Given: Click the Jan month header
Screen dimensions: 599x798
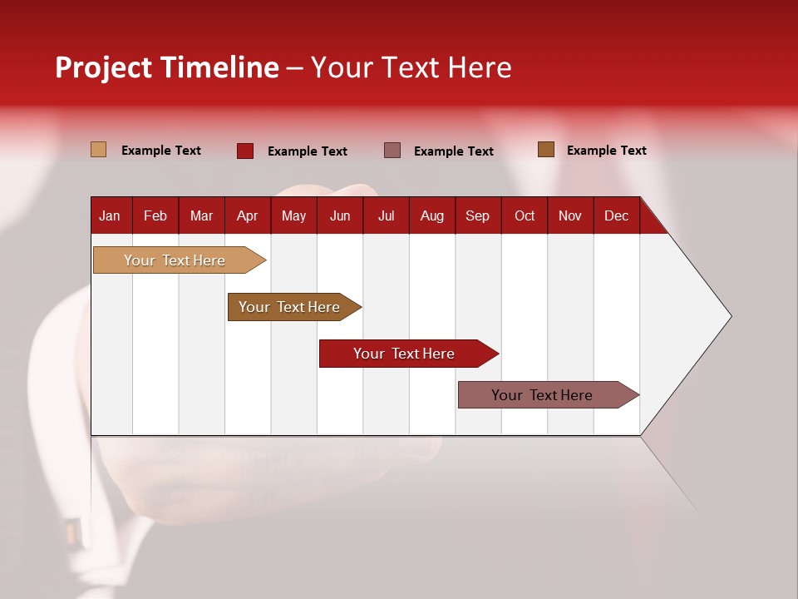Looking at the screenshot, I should pos(110,215).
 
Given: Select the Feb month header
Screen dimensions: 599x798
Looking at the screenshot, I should pos(155,215).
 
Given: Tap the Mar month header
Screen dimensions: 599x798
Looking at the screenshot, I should pos(201,215).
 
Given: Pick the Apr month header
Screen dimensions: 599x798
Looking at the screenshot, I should pos(248,215).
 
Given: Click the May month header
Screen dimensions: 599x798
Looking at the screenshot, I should pos(293,215).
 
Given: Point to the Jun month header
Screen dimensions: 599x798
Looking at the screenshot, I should pos(340,215).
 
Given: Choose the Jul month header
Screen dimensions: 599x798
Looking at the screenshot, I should pos(386,215).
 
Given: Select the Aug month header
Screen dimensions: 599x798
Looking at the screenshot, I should pos(432,215).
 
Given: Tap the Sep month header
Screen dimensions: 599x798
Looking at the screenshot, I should pos(478,215).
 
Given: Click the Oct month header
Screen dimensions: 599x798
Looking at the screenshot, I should pos(525,215).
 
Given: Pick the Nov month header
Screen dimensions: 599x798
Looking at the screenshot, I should pos(570,215).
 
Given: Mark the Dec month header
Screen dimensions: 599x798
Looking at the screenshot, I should pos(617,215).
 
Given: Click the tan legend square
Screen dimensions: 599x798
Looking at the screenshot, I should pos(99,150).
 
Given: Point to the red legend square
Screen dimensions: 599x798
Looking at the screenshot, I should pos(245,151).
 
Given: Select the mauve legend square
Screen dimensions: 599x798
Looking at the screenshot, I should pos(392,151).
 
